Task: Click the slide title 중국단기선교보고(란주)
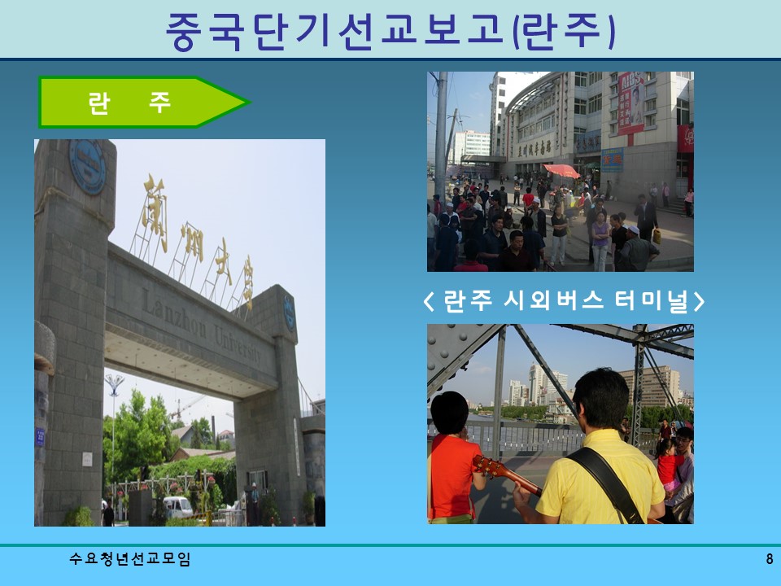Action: [390, 31]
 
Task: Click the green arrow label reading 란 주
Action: [130, 103]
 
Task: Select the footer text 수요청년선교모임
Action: [130, 559]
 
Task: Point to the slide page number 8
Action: [769, 559]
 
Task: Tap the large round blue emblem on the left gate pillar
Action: [87, 166]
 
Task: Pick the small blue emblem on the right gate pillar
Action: [290, 313]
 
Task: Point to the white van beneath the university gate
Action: [178, 507]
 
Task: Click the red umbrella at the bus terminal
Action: [561, 171]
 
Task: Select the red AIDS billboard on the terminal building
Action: [630, 102]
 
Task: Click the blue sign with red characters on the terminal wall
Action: [612, 160]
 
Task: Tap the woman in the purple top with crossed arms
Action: [600, 236]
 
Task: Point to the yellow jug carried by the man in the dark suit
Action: [657, 236]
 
